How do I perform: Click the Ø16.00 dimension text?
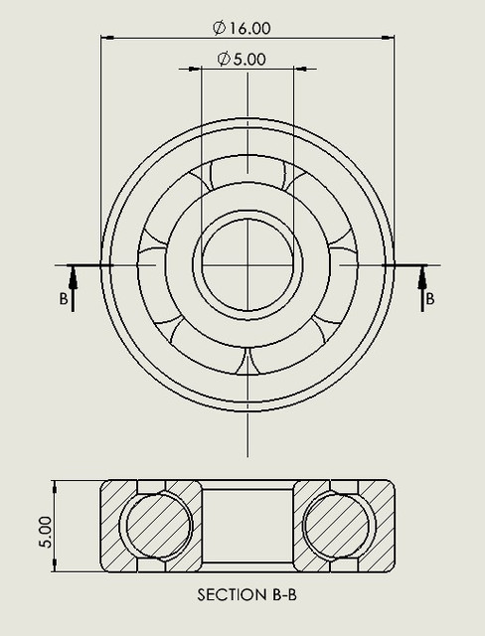coord(243,28)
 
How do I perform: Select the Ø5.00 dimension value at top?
coord(242,59)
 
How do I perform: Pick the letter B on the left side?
coord(64,298)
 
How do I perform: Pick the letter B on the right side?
coord(429,298)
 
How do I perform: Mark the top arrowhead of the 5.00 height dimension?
coord(57,487)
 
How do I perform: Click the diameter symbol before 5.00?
coord(224,59)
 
